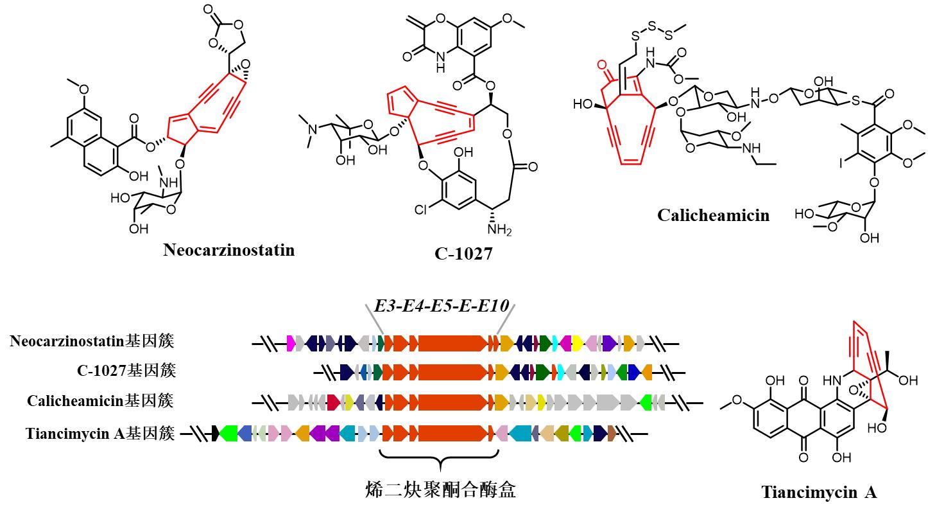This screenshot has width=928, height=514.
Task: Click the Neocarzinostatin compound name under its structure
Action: (229, 250)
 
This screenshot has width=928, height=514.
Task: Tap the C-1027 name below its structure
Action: (463, 254)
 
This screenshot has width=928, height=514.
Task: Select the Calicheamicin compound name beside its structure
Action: (713, 215)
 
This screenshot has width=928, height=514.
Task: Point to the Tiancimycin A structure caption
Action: (819, 493)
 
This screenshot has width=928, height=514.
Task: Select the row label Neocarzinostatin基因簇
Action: (92, 341)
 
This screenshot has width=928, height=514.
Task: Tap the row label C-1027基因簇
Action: (126, 371)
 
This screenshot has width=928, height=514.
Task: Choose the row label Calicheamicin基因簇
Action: (100, 401)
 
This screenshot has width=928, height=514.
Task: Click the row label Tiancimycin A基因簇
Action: (100, 434)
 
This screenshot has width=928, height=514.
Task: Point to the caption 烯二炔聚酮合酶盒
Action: (439, 490)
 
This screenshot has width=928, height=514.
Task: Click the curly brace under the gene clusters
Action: (439, 457)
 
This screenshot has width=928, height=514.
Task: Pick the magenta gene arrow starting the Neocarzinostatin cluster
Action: (290, 342)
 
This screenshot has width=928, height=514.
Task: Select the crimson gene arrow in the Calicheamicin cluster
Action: (333, 403)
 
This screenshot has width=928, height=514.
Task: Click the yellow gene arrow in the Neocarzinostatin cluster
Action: (577, 342)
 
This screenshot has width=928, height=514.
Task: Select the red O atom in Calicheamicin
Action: (601, 65)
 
